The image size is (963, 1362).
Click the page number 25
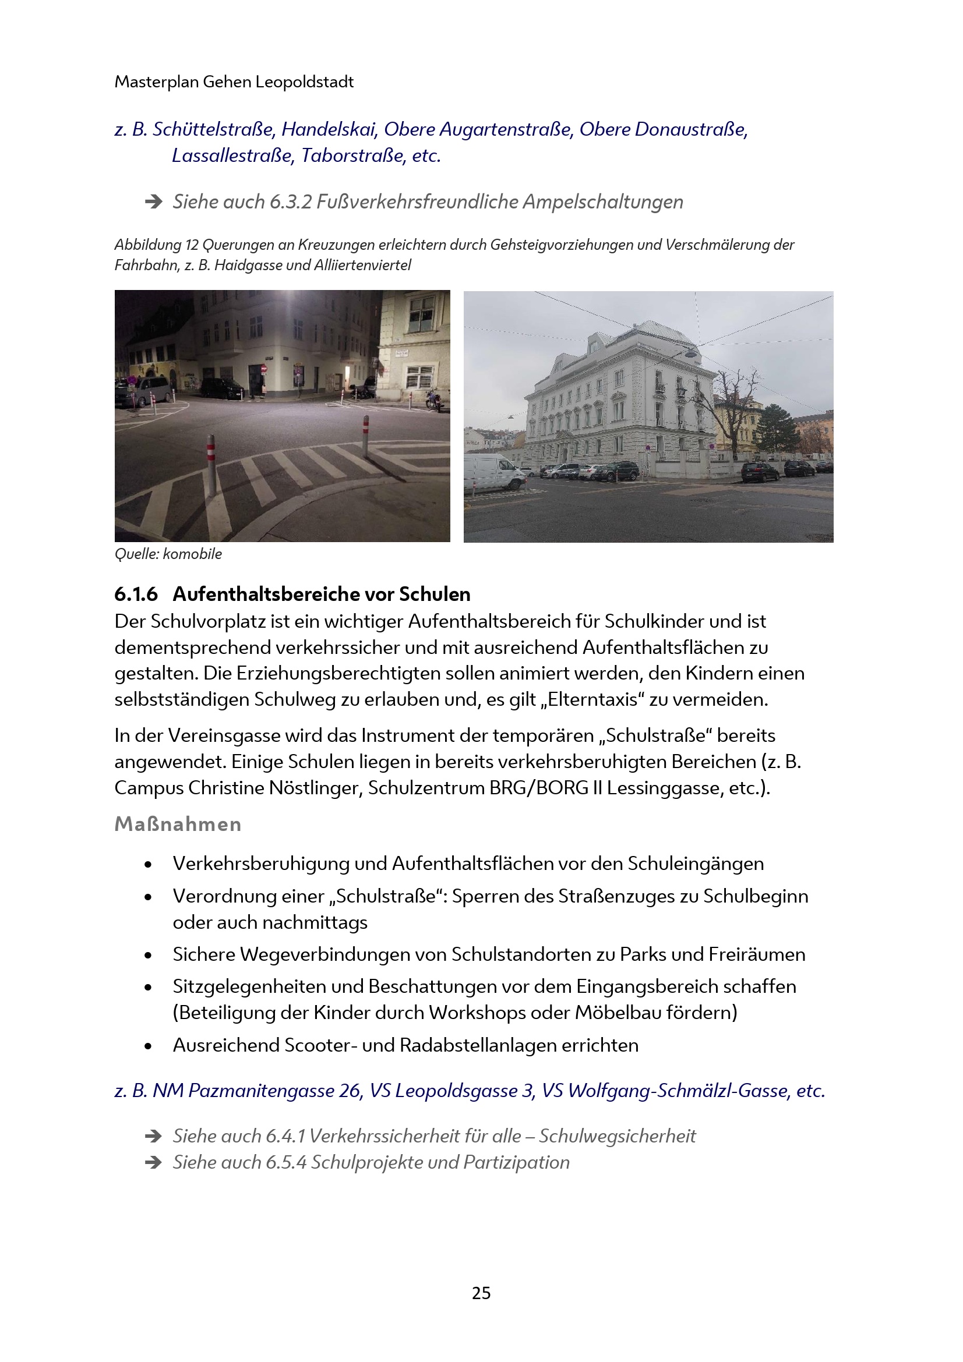(x=481, y=1293)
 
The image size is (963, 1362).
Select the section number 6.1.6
(x=136, y=594)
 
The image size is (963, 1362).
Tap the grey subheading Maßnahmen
(x=178, y=824)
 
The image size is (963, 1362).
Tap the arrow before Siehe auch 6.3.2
(x=154, y=202)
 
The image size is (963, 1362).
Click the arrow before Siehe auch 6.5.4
(x=154, y=1162)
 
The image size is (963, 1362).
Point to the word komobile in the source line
(x=192, y=554)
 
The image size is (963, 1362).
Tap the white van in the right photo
(x=492, y=473)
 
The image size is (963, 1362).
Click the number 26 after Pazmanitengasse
(x=350, y=1090)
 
